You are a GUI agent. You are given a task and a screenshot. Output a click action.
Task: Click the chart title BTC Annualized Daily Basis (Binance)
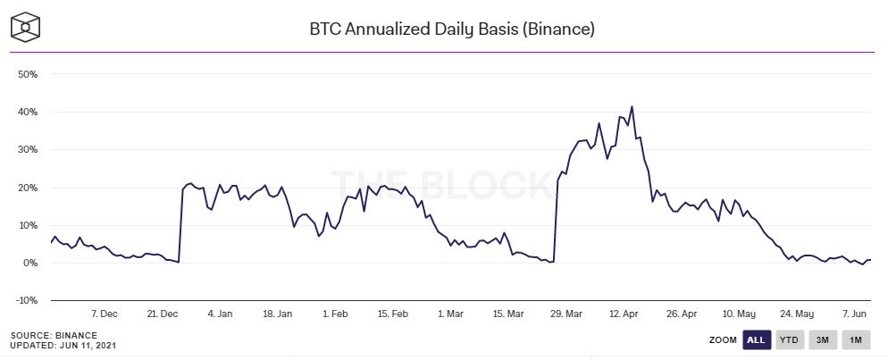pos(452,29)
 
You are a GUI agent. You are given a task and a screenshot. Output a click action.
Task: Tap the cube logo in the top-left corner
pos(27,27)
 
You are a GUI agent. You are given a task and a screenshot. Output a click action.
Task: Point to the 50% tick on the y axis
pos(27,74)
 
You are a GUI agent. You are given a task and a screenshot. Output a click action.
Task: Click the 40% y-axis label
pos(27,113)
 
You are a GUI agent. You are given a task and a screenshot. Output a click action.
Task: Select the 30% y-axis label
pos(27,150)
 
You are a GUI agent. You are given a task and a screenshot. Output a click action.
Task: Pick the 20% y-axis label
pos(27,188)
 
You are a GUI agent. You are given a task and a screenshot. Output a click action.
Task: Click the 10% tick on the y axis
pos(27,225)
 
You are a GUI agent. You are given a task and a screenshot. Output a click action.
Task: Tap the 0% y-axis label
pos(29,264)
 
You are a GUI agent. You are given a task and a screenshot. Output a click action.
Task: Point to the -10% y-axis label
pos(26,301)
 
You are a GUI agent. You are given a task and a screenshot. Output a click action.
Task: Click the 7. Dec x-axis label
pos(104,314)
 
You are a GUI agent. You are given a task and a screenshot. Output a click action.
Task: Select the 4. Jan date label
pos(220,314)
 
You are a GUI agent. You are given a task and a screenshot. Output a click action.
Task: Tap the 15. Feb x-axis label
pos(393,314)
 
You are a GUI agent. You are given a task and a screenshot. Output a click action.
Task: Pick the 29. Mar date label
pos(566,314)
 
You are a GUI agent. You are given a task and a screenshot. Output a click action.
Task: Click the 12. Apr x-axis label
pos(624,314)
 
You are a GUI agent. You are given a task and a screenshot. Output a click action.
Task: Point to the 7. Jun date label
pos(856,314)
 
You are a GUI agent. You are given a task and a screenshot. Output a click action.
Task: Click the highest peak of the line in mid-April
pos(632,107)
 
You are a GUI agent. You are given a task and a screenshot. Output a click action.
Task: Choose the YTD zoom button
pos(790,340)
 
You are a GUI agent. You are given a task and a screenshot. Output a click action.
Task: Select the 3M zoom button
pos(823,340)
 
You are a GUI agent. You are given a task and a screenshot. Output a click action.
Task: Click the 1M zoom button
pos(856,340)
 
